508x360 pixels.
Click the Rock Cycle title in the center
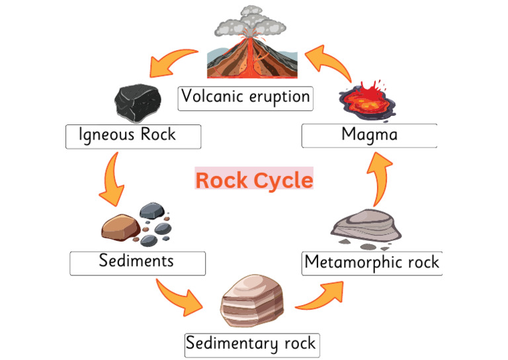coord(254,179)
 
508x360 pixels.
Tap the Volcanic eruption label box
coord(246,97)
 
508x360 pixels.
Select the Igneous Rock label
coord(133,136)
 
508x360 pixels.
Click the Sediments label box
coord(138,262)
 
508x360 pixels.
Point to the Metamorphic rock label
coord(372,263)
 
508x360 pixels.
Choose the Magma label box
coord(369,136)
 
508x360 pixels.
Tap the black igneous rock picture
coord(138,102)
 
